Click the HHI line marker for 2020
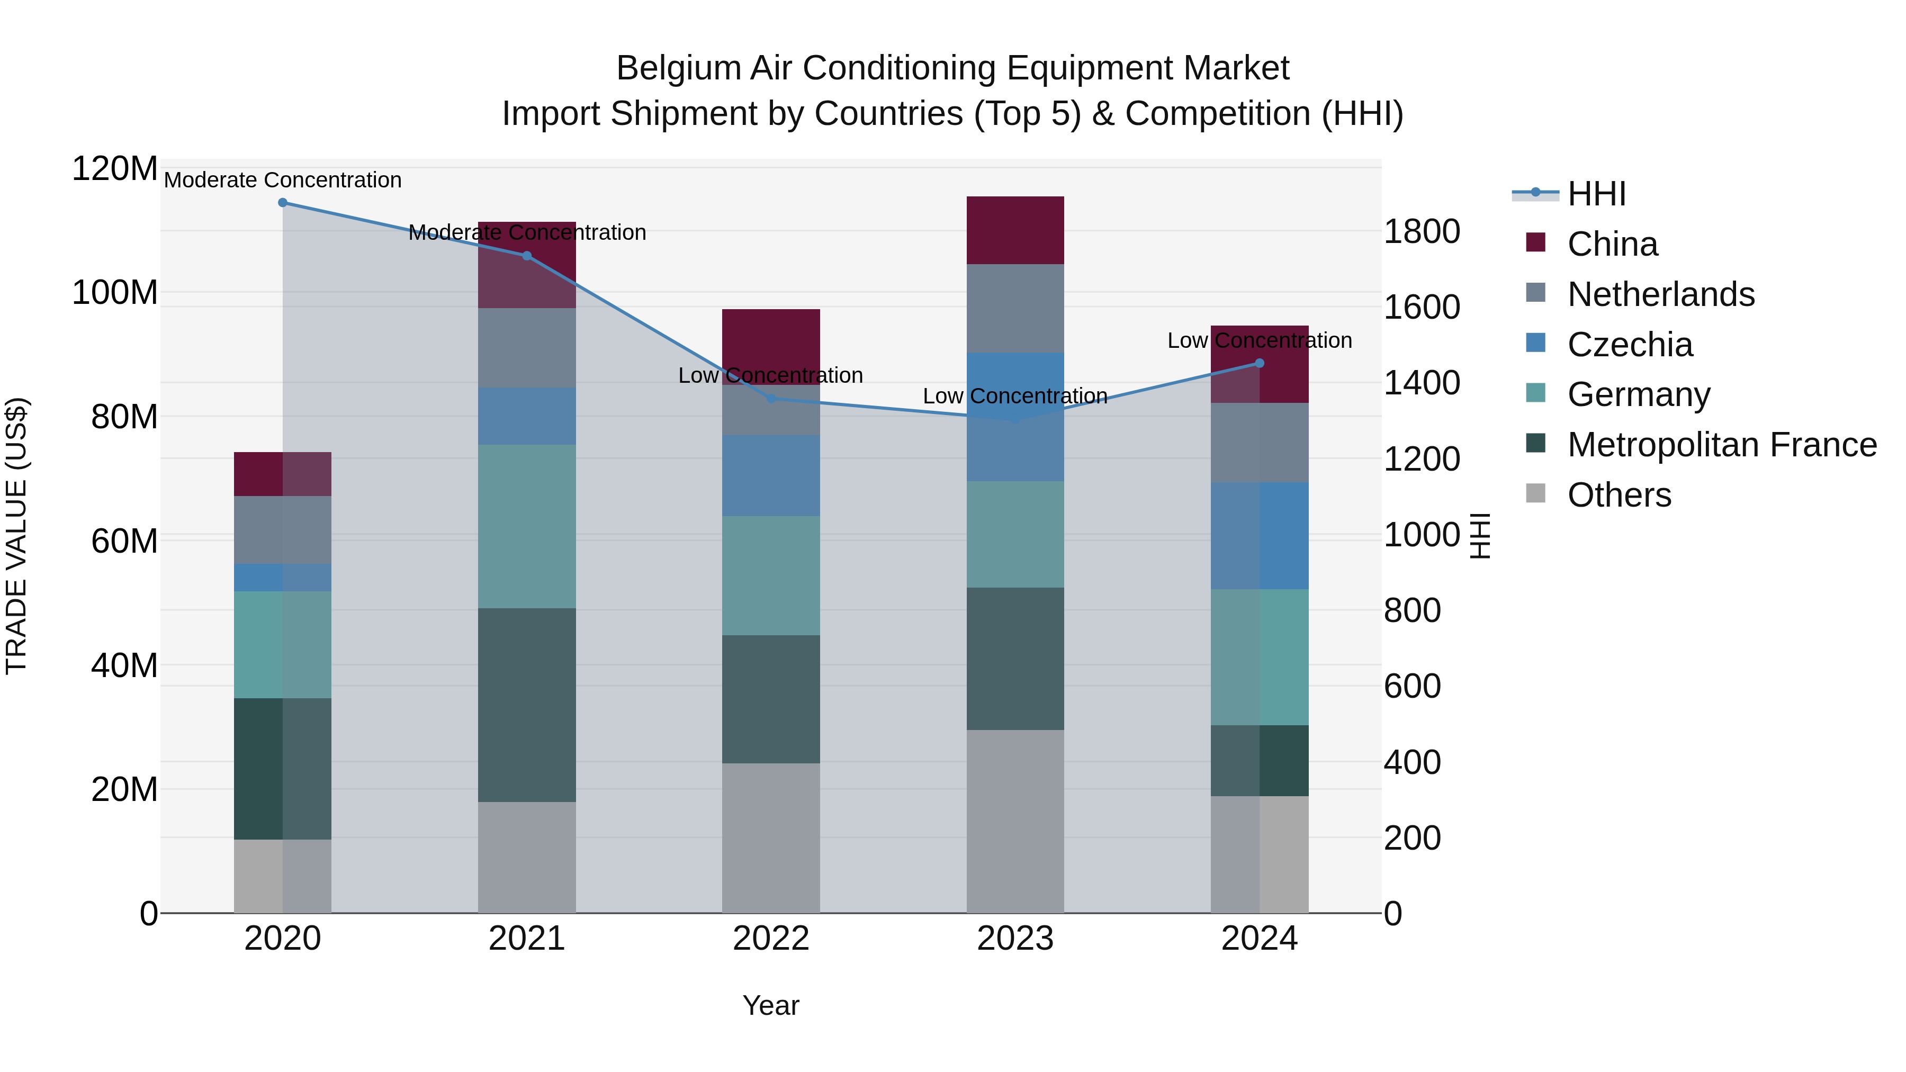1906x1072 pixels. (x=283, y=203)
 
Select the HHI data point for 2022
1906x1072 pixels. (x=771, y=399)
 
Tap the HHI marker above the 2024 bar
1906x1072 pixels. (x=1260, y=363)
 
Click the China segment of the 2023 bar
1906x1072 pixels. (x=1015, y=230)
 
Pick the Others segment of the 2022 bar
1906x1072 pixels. (x=771, y=837)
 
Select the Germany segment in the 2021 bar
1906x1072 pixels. (x=527, y=526)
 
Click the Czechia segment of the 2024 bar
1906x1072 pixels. (x=1260, y=536)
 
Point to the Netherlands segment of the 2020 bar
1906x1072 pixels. (x=283, y=530)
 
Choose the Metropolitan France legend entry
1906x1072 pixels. (x=1721, y=445)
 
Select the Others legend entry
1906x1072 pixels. (x=1619, y=495)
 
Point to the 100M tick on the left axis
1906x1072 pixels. (x=115, y=293)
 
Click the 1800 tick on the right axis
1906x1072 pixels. (x=1422, y=231)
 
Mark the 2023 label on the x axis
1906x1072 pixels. (x=1015, y=939)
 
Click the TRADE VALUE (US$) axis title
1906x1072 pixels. (x=16, y=536)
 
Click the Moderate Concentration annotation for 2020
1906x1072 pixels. (x=283, y=180)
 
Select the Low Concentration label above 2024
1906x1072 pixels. (x=1260, y=340)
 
